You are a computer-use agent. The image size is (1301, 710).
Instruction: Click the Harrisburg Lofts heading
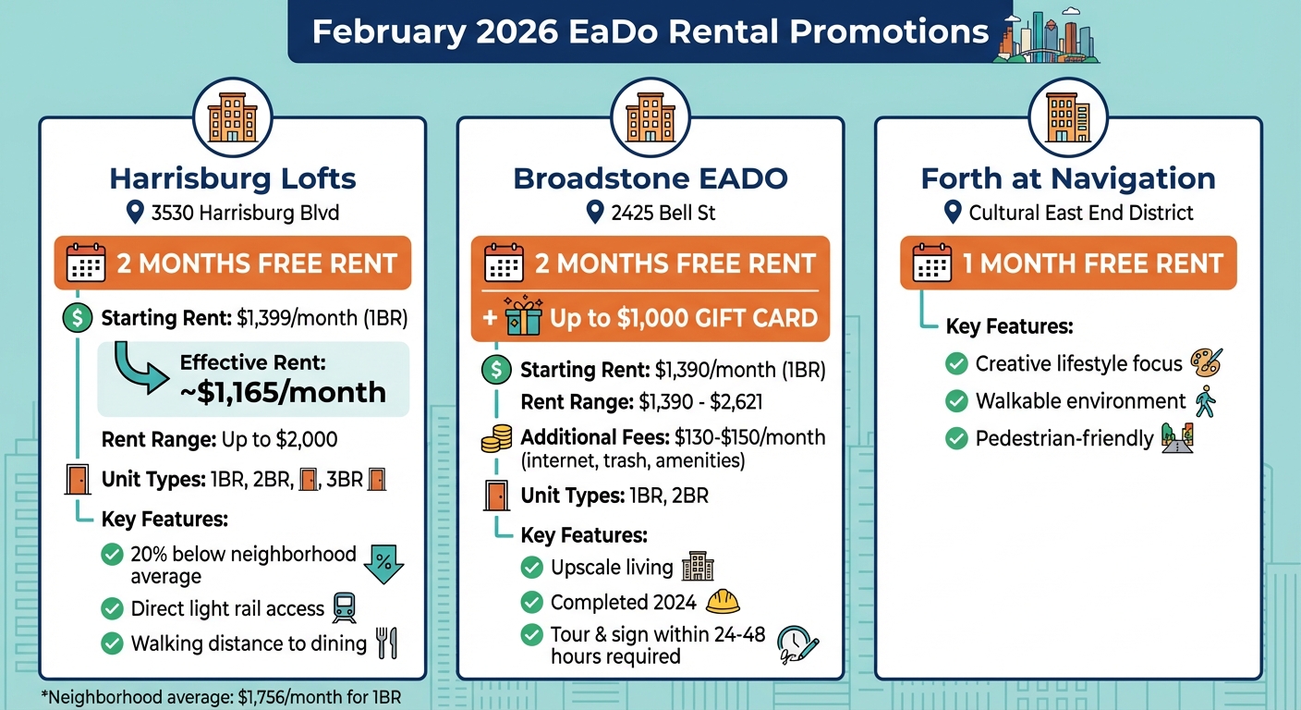coord(232,177)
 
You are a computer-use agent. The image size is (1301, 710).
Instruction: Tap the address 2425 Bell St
coord(663,214)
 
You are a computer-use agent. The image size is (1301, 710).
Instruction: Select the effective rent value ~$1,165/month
coord(283,392)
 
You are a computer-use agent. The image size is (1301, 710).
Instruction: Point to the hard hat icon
coord(723,602)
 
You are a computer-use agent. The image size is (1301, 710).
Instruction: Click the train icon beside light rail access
coord(345,607)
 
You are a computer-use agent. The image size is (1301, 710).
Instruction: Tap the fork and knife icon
coord(387,643)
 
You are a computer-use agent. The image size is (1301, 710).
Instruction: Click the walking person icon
coord(1205,401)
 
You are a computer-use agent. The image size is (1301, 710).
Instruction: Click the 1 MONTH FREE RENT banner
coord(1067,263)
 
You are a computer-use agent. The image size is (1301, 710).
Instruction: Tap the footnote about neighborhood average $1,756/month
coord(222,697)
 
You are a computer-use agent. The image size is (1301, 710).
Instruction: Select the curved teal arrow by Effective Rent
coord(138,369)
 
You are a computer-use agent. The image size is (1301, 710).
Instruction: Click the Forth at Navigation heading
coord(1067,177)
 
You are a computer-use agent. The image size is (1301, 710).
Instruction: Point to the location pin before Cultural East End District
coord(953,213)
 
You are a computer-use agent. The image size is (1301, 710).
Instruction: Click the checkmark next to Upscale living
coord(531,568)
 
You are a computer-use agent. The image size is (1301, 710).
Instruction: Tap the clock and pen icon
coord(797,643)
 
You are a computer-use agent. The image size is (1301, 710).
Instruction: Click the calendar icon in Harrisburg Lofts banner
coord(86,263)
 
